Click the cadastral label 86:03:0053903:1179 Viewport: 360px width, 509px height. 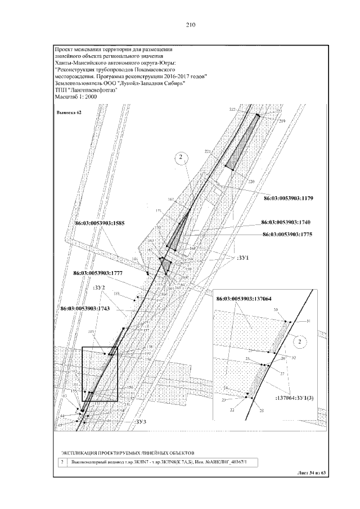[x=291, y=198]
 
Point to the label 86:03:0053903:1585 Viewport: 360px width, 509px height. [x=99, y=223]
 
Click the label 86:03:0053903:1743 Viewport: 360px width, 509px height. [x=86, y=309]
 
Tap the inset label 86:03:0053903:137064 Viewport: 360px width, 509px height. [x=251, y=298]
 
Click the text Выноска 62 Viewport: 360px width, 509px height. [x=69, y=112]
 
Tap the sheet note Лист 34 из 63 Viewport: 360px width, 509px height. [x=310, y=473]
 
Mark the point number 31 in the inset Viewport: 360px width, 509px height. [x=308, y=321]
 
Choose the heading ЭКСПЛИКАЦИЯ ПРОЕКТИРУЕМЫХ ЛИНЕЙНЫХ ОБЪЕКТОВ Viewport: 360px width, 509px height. [x=127, y=452]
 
